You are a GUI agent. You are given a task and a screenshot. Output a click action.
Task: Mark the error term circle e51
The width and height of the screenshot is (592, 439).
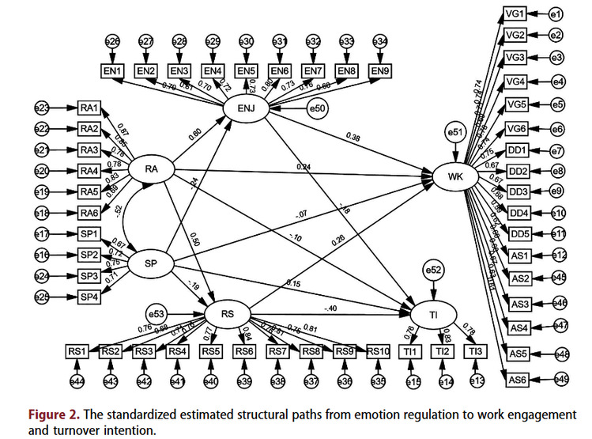click(454, 132)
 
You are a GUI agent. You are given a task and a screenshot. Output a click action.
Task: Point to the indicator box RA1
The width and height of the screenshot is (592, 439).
click(89, 108)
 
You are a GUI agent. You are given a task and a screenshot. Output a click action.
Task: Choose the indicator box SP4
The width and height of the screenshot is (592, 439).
click(89, 296)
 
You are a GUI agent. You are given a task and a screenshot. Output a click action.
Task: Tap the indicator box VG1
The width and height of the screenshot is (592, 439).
click(517, 14)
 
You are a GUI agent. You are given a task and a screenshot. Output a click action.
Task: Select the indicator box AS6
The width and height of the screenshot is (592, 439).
click(517, 380)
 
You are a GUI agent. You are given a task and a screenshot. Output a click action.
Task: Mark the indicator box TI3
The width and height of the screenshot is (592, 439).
click(474, 351)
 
